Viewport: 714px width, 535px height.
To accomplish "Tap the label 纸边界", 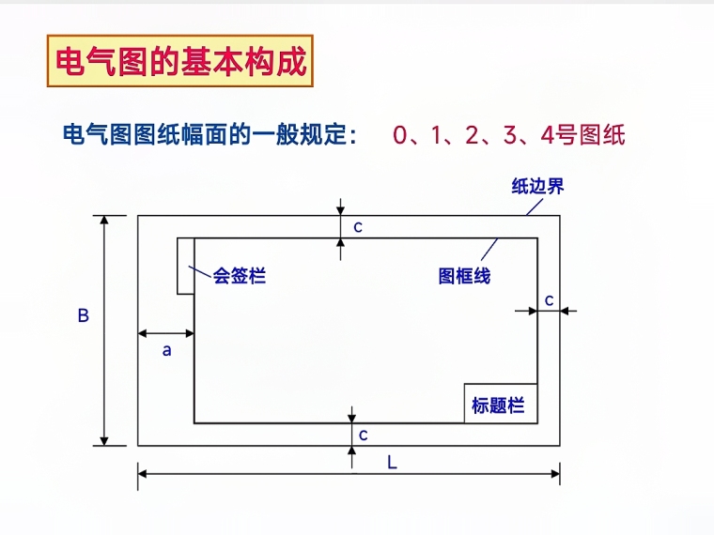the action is pyautogui.click(x=537, y=186).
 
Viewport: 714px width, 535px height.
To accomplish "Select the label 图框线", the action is pyautogui.click(x=464, y=276).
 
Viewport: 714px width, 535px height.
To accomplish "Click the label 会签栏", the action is pyautogui.click(x=240, y=276).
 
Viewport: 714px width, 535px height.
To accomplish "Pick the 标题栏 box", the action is pyautogui.click(x=501, y=404).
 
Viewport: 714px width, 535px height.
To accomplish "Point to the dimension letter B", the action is pyautogui.click(x=83, y=316).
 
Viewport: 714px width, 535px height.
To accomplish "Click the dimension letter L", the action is pyautogui.click(x=392, y=462).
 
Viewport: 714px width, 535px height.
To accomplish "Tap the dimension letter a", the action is pyautogui.click(x=167, y=351).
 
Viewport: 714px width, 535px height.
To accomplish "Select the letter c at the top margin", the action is pyautogui.click(x=357, y=226).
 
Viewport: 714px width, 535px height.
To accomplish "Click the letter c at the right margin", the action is pyautogui.click(x=550, y=299).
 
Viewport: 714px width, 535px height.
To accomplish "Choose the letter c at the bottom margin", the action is pyautogui.click(x=363, y=435).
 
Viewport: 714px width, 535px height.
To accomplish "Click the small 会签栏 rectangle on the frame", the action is pyautogui.click(x=186, y=266).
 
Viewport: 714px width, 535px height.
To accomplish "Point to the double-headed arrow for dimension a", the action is pyautogui.click(x=166, y=333).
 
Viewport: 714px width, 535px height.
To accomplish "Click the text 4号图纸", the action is pyautogui.click(x=583, y=135).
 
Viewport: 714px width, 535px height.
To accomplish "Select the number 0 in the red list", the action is pyautogui.click(x=401, y=135).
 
